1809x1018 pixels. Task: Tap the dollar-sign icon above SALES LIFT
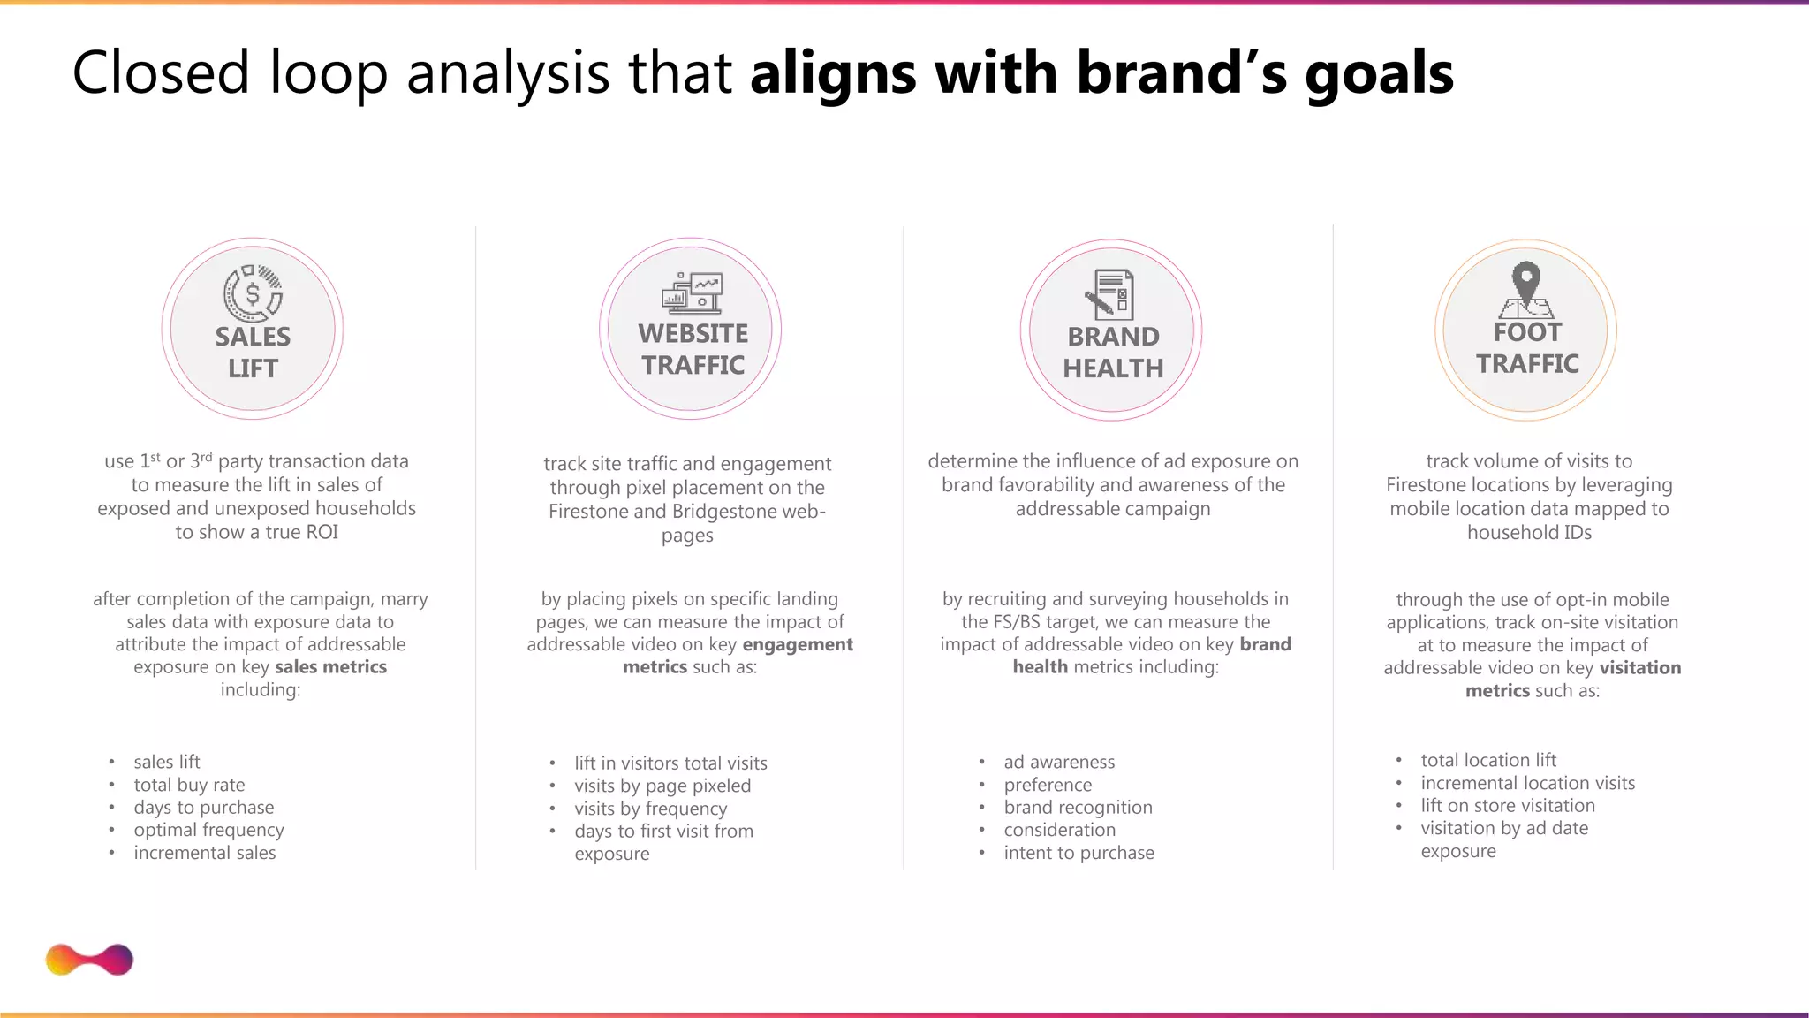pos(253,293)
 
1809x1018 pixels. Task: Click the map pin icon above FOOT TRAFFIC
pos(1526,288)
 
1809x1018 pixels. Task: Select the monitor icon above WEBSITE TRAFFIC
pos(693,292)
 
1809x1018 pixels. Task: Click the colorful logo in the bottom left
pos(89,960)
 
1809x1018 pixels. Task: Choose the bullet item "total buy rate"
pos(189,785)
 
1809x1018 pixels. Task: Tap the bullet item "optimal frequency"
pos(208,830)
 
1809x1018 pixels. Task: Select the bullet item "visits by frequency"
pos(650,809)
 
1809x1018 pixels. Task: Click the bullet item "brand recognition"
pos(1078,808)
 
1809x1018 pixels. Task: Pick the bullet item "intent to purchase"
pos(1079,853)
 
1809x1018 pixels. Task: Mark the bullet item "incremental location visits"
pos(1527,783)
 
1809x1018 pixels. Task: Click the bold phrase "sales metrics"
pos(330,667)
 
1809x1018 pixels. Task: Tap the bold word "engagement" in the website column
pos(798,645)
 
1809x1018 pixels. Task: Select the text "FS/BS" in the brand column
pos(1017,622)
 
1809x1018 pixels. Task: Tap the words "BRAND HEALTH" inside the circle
pos(1112,352)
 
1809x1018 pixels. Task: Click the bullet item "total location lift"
pos(1487,760)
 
